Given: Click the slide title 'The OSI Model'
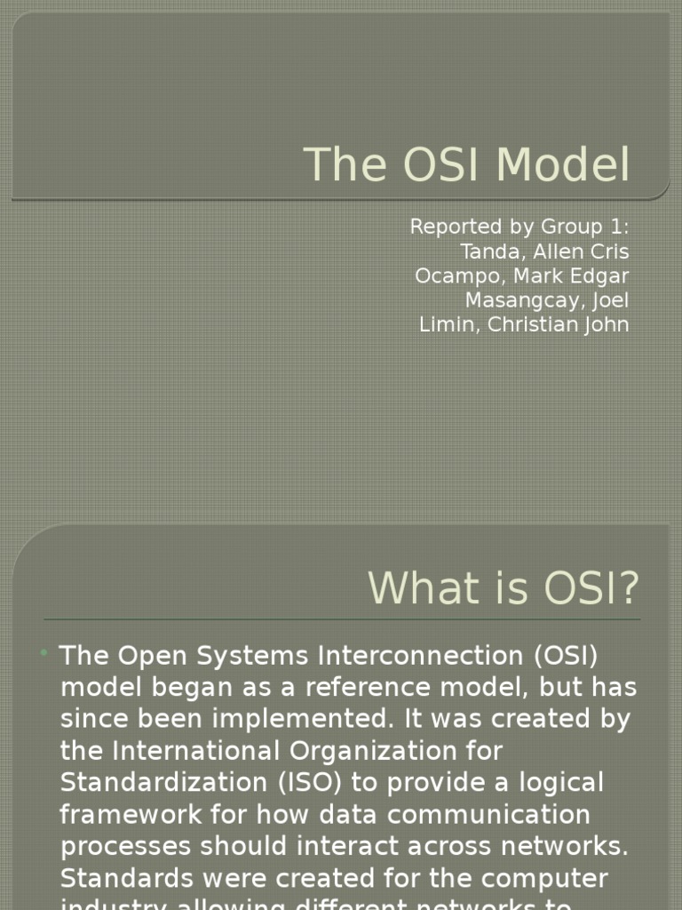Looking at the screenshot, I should click(x=467, y=165).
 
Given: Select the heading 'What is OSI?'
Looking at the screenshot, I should click(x=503, y=587).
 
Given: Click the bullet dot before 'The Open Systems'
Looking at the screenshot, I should click(x=44, y=654).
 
